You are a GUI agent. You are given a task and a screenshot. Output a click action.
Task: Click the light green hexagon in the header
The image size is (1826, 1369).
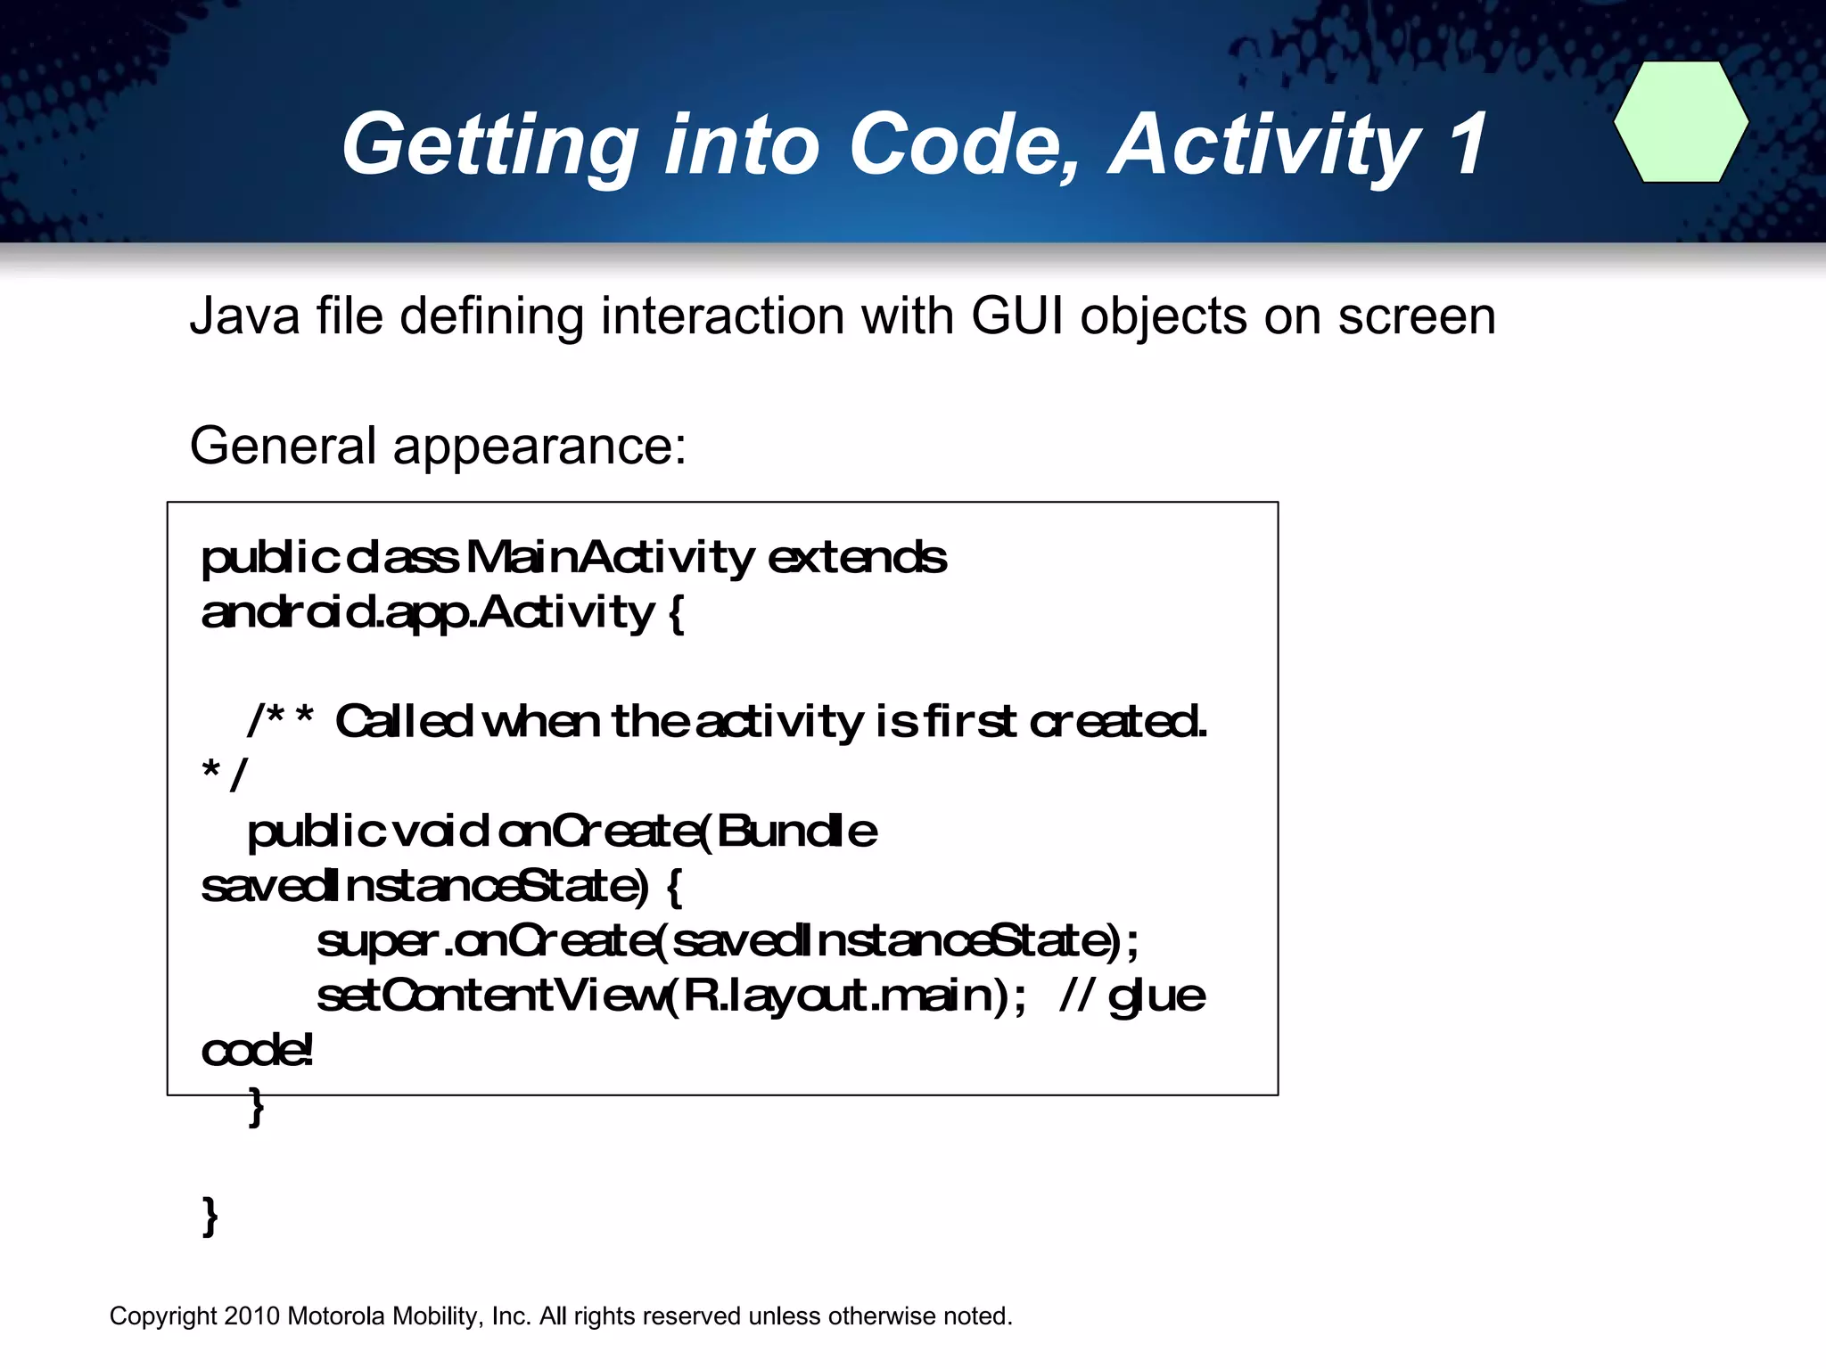1681,122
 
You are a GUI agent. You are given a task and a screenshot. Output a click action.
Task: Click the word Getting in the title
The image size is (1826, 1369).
489,145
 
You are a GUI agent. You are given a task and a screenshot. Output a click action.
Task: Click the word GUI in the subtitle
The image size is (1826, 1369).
1017,316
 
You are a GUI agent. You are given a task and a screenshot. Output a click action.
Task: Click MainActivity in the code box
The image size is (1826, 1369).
610,558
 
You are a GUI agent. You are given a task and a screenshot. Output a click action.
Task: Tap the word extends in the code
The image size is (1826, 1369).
857,558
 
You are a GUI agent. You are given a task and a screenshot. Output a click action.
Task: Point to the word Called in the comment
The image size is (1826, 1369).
403,721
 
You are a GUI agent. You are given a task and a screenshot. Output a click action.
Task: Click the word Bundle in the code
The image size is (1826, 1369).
796,832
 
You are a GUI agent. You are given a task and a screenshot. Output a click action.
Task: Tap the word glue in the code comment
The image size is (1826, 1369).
1156,996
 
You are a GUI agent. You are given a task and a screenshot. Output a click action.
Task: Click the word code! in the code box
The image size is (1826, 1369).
257,1051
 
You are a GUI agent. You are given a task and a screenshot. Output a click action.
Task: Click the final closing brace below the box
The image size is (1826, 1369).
210,1216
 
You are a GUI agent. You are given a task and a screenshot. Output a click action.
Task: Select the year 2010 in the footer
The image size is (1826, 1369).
252,1316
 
